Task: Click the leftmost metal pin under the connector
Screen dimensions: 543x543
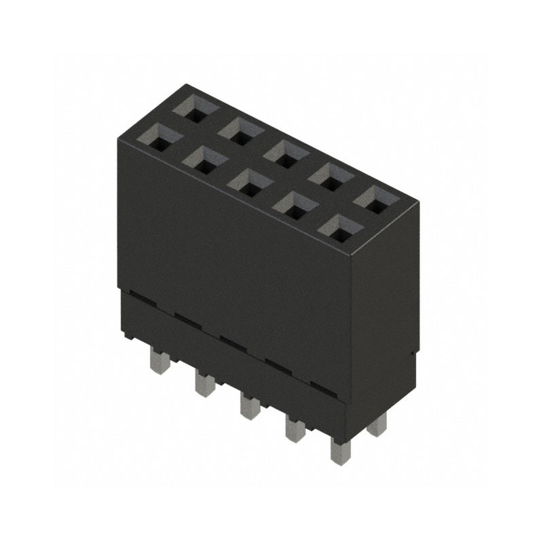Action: [158, 362]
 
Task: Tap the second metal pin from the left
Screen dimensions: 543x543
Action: [204, 384]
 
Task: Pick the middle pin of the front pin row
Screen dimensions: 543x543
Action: [249, 407]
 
